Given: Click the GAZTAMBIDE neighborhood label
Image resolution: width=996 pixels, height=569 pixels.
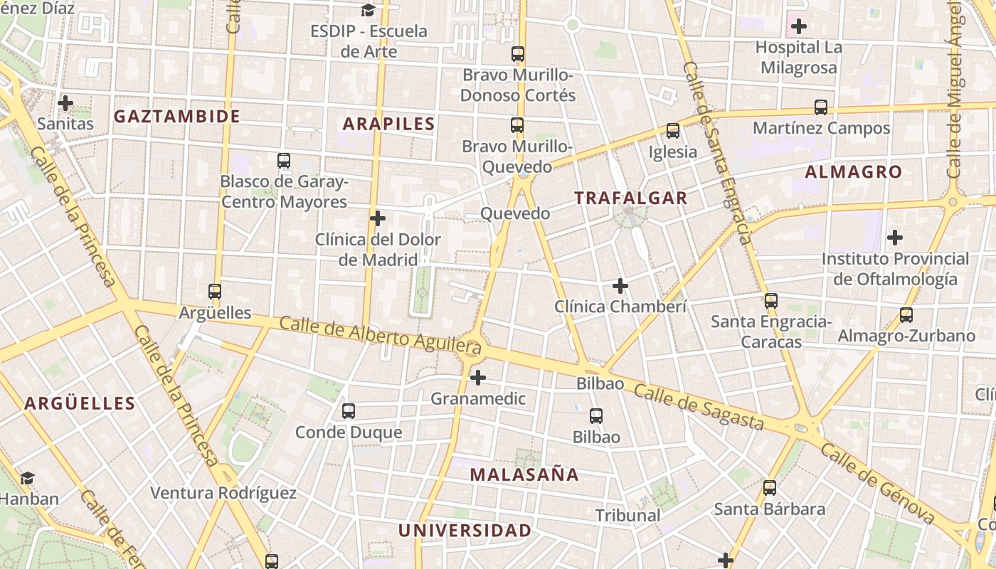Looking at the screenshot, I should [177, 117].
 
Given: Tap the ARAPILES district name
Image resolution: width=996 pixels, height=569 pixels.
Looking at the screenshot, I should [388, 124].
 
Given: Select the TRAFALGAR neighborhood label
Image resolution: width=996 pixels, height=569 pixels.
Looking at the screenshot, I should [631, 198].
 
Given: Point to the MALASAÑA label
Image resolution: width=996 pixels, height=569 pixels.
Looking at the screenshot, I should [524, 474].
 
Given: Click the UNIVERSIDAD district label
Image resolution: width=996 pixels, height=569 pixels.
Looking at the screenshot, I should [465, 531].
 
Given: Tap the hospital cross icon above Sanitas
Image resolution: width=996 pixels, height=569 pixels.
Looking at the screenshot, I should [65, 103].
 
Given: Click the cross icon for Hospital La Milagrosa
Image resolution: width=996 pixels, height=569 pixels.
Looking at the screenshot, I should [799, 27].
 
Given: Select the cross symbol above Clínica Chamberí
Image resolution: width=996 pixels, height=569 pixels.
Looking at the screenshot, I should [620, 286].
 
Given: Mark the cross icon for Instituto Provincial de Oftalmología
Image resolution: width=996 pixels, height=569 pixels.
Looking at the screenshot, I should [895, 238].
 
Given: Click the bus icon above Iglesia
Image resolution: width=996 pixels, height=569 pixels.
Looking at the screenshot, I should [673, 131].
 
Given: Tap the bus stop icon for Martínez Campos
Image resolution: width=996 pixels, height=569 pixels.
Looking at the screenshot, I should [821, 107].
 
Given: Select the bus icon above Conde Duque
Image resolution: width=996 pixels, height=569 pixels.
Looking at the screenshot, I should [349, 411].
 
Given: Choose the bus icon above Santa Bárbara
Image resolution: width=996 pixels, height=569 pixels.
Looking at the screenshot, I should [770, 488].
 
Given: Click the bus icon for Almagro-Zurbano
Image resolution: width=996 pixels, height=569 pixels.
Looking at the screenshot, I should [906, 314].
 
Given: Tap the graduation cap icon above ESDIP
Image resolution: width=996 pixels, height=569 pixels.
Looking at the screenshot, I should [369, 10].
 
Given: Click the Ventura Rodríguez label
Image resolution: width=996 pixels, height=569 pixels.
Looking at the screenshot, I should [223, 493].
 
